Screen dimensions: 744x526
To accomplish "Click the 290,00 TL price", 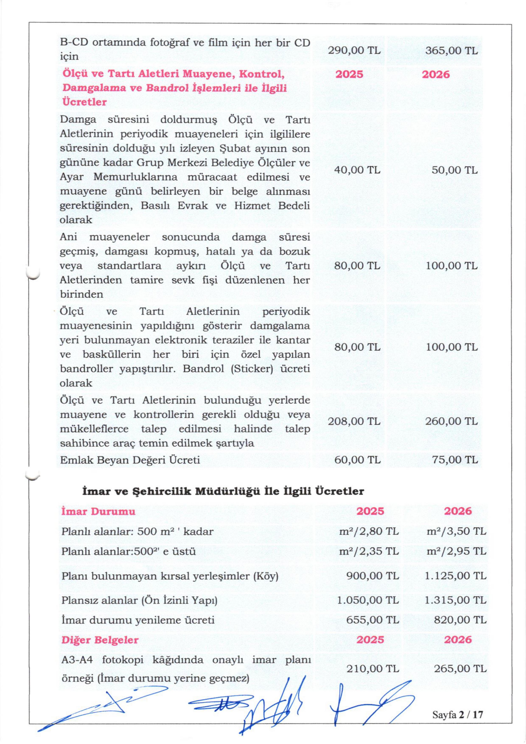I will (354, 51).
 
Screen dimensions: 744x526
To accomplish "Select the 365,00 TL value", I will (455, 51).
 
